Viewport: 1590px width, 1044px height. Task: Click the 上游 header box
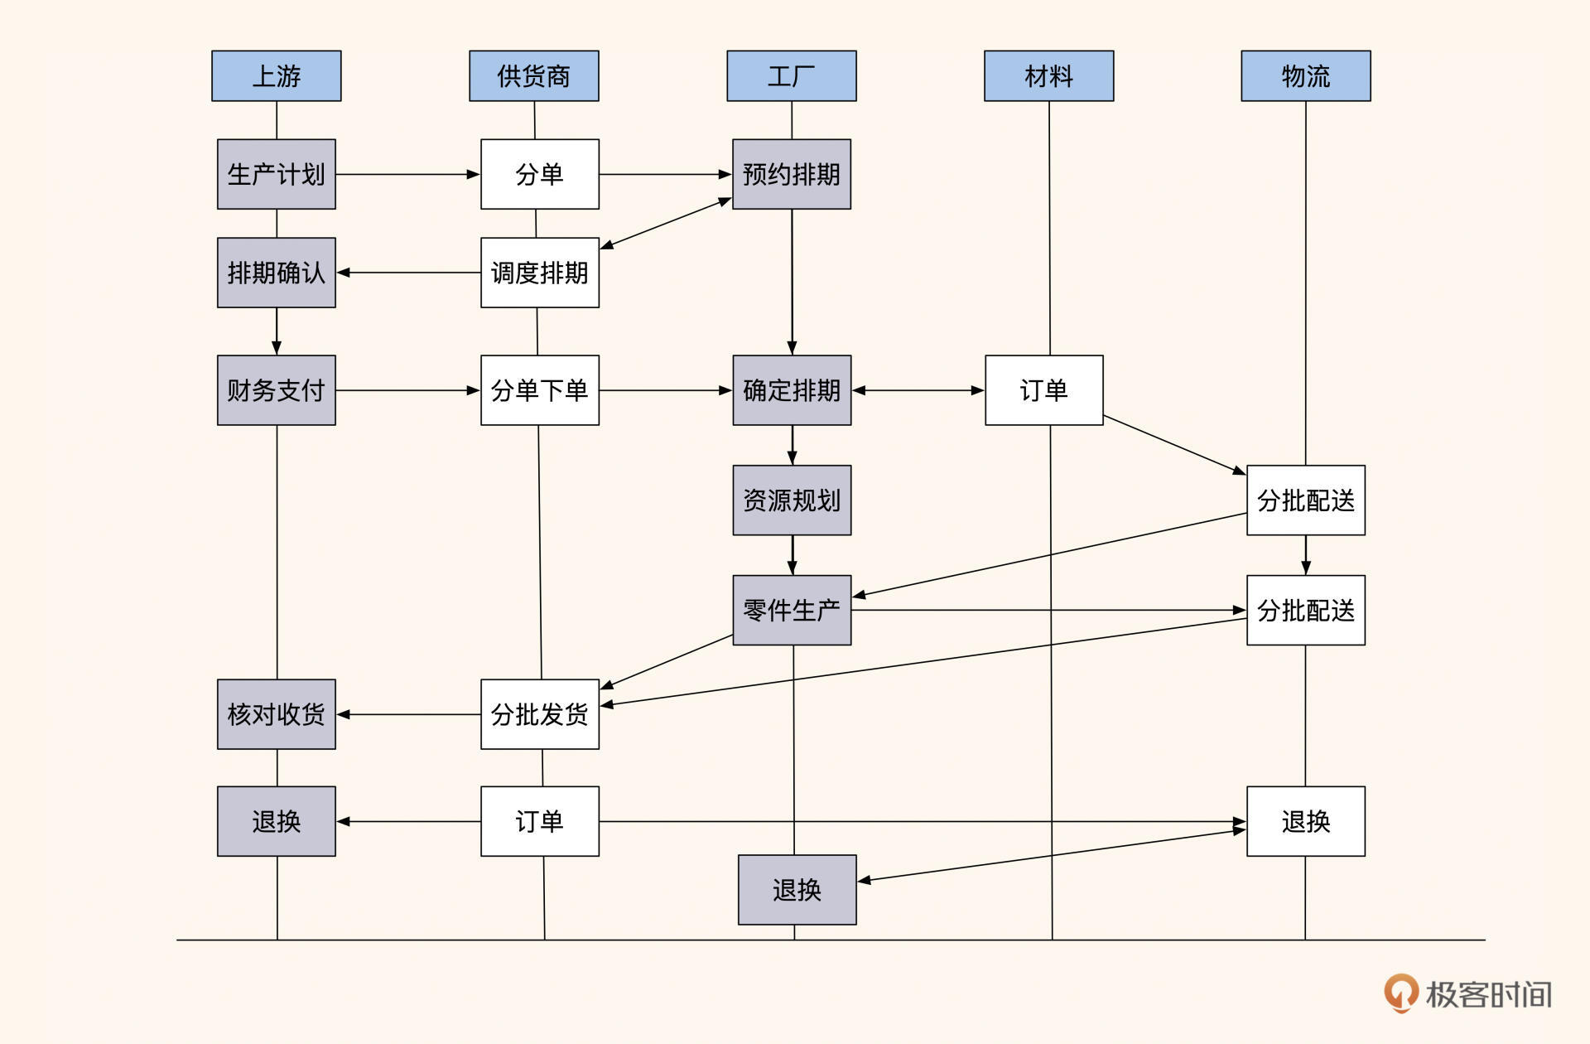276,75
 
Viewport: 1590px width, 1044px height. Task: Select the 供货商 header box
533,75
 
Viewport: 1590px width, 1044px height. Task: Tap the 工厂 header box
791,75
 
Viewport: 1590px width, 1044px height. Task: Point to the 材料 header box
1048,75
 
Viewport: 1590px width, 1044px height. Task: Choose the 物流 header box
1305,75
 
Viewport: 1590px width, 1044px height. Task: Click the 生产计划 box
276,174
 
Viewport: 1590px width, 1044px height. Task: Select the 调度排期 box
539,273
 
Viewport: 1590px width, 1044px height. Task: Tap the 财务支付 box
276,390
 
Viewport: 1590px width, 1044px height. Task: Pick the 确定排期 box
791,390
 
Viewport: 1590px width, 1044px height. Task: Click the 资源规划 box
791,500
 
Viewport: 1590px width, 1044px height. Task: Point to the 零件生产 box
791,610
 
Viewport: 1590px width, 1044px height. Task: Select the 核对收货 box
276,714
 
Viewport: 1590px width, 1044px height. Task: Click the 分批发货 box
539,714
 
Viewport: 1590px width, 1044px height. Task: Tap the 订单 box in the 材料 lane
1043,390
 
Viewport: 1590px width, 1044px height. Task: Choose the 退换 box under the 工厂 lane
797,890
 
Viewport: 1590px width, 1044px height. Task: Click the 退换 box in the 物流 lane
1305,821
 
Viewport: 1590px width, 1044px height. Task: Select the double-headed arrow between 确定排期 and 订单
918,390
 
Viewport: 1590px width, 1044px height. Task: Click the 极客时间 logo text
1487,994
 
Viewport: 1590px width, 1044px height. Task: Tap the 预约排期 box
791,174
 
